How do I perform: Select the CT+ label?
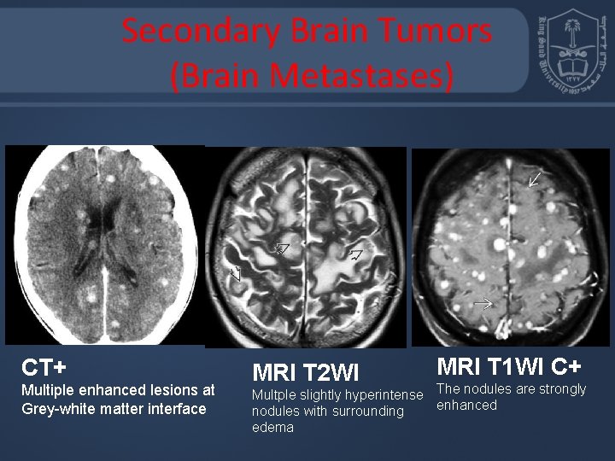pos(44,368)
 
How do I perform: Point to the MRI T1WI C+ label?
pos(510,366)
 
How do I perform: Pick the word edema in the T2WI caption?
pos(273,427)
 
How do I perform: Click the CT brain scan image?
pos(104,245)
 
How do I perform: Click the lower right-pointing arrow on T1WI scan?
pos(483,302)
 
